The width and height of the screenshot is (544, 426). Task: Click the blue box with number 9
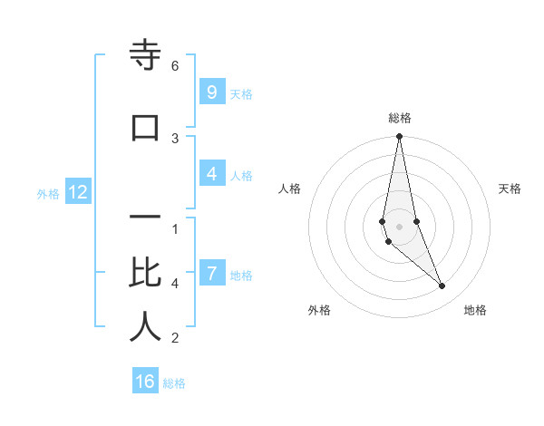click(211, 92)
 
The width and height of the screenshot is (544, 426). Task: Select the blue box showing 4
click(211, 174)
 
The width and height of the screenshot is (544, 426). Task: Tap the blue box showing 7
click(211, 274)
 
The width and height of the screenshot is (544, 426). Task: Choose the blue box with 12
click(78, 192)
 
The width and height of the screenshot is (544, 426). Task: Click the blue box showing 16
click(145, 382)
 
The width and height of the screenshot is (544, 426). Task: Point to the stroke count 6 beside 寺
click(175, 66)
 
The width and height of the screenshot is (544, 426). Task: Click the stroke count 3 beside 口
click(175, 138)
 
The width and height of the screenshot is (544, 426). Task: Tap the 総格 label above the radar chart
click(399, 118)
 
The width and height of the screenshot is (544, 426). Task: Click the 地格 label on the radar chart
click(475, 310)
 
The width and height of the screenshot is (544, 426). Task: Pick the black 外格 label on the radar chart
click(319, 310)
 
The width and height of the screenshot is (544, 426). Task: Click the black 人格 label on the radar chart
click(290, 189)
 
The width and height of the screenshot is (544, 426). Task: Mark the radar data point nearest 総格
click(399, 137)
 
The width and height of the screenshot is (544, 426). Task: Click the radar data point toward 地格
click(442, 286)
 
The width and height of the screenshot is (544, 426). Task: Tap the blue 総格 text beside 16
click(174, 383)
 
